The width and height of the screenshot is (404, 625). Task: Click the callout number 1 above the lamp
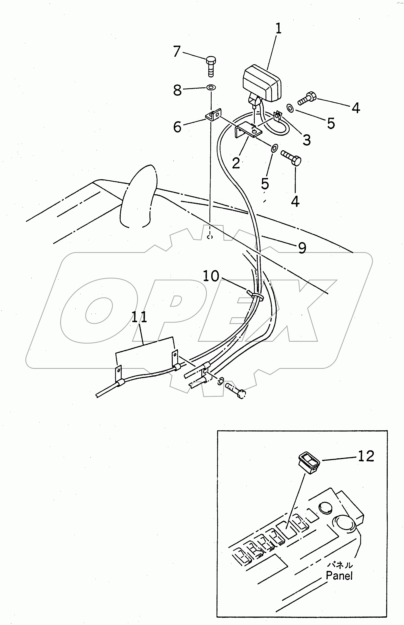278,29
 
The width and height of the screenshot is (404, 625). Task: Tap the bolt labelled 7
210,67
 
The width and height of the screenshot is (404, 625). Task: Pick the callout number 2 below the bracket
236,163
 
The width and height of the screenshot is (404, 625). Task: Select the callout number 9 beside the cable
302,248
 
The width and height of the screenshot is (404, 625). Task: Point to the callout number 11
139,317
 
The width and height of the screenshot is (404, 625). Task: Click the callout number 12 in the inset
366,457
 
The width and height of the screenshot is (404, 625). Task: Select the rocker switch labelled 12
309,463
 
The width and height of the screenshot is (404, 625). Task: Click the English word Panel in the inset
339,576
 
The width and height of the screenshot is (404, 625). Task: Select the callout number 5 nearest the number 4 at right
331,123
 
